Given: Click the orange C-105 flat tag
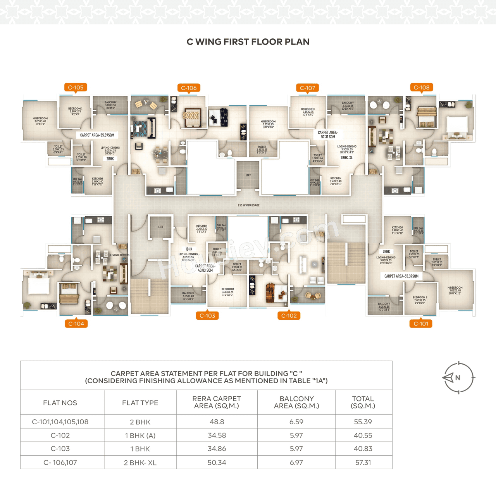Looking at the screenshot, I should [x=76, y=88].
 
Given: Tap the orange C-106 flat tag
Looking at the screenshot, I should [x=189, y=88].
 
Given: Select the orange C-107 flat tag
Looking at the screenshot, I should [x=307, y=88].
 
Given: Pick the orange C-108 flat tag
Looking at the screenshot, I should [x=422, y=88].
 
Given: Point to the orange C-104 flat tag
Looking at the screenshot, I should [x=76, y=324].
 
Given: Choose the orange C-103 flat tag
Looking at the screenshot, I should [x=207, y=316].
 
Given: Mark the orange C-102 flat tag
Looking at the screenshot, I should [x=289, y=316].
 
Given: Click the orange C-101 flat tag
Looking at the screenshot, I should [x=421, y=324].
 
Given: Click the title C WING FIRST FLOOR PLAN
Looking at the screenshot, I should [x=248, y=42].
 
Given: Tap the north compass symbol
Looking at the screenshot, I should [x=458, y=377].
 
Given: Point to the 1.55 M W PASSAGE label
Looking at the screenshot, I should [x=248, y=205].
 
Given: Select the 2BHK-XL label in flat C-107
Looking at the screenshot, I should [x=346, y=158].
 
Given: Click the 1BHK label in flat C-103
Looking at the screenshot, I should [x=189, y=249].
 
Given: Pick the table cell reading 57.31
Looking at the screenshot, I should [x=363, y=462].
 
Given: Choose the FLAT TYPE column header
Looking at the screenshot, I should [x=140, y=403].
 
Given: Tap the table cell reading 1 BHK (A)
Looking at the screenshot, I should [x=140, y=436].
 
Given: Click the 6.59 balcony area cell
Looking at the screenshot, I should [x=296, y=422].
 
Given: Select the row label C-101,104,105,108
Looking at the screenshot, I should [x=60, y=422].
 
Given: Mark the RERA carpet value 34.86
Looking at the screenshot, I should [x=217, y=449].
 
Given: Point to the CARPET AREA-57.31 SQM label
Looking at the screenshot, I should [x=328, y=134].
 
